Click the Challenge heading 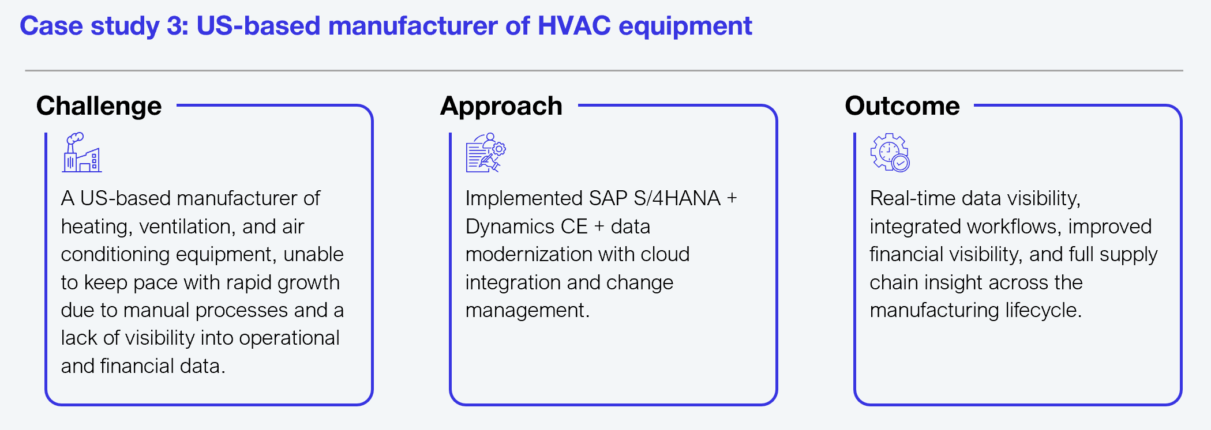(99, 107)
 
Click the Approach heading (501, 107)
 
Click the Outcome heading (902, 106)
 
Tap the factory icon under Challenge (82, 153)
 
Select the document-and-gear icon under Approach (486, 153)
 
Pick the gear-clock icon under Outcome (890, 153)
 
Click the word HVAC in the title (574, 26)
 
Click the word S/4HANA (677, 198)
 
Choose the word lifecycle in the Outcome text (1043, 311)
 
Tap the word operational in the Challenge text (289, 338)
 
